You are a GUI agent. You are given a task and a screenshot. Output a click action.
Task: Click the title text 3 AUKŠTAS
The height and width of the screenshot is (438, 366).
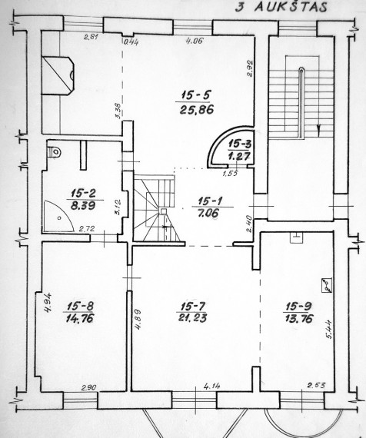[281, 7]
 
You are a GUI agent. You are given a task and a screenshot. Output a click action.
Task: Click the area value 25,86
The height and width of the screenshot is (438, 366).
[197, 109]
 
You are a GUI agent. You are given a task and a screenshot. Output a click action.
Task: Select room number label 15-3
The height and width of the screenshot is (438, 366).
[240, 144]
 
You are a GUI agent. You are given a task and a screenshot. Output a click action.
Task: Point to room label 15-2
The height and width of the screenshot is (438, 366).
[83, 193]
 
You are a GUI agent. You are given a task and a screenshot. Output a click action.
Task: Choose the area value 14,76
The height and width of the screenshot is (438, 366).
[80, 318]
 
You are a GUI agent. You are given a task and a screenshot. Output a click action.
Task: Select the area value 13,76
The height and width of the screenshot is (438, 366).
[299, 318]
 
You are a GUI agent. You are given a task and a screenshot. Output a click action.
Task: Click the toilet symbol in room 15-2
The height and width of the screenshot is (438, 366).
[55, 152]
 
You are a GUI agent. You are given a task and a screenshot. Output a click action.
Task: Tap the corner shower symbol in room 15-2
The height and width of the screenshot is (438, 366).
[58, 216]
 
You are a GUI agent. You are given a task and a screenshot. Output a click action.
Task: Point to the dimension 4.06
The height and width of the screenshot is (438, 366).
[195, 41]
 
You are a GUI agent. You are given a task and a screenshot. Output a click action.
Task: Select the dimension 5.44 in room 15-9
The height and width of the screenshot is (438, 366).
[329, 329]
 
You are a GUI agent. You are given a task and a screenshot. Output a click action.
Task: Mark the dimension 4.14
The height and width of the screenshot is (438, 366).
[212, 387]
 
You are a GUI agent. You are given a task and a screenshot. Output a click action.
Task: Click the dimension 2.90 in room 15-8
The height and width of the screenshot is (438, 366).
[89, 388]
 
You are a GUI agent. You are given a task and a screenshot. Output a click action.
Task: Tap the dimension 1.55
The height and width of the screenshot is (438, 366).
[230, 174]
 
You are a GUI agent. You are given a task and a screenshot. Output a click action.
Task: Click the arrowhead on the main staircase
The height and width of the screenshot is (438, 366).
[318, 128]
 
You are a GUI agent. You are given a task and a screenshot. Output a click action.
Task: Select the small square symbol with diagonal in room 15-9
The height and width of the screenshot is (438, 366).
[327, 286]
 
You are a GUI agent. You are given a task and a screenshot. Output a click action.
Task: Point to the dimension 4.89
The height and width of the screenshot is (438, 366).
[137, 320]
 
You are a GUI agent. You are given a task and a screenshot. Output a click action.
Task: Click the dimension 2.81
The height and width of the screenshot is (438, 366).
[91, 36]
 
